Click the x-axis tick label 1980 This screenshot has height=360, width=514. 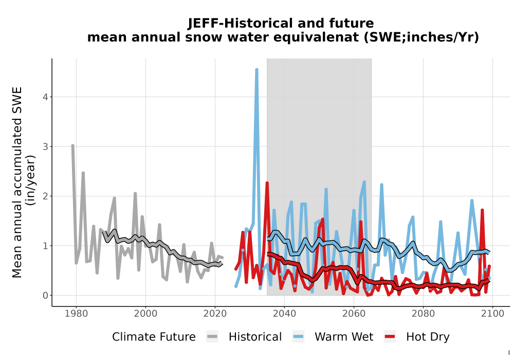pyautogui.click(x=76, y=314)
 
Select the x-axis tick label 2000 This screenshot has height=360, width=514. pyautogui.click(x=145, y=314)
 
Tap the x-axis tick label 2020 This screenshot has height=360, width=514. pyautogui.click(x=215, y=314)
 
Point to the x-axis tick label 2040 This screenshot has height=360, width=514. pyautogui.click(x=284, y=314)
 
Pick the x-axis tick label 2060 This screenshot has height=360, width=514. pyautogui.click(x=354, y=314)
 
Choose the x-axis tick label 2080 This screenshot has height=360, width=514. pyautogui.click(x=423, y=314)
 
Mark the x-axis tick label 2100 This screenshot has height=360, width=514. pyautogui.click(x=492, y=314)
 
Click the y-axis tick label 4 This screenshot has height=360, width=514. pyautogui.click(x=45, y=97)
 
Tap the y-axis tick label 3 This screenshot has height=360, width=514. pyautogui.click(x=45, y=147)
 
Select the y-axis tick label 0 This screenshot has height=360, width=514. pyautogui.click(x=45, y=295)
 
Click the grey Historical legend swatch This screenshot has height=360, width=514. pyautogui.click(x=212, y=337)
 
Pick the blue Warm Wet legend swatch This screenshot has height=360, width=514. pyautogui.click(x=298, y=337)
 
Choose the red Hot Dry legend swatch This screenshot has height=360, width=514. pyautogui.click(x=390, y=337)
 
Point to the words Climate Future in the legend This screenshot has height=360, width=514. pyautogui.click(x=154, y=337)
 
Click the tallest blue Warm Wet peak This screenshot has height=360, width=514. pyautogui.click(x=256, y=70)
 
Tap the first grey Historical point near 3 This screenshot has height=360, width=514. pyautogui.click(x=73, y=146)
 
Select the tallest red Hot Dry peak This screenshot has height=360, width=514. pyautogui.click(x=267, y=183)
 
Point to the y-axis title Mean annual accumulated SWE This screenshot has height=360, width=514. pyautogui.click(x=17, y=182)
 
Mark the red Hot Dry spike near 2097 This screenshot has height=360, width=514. pyautogui.click(x=482, y=210)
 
